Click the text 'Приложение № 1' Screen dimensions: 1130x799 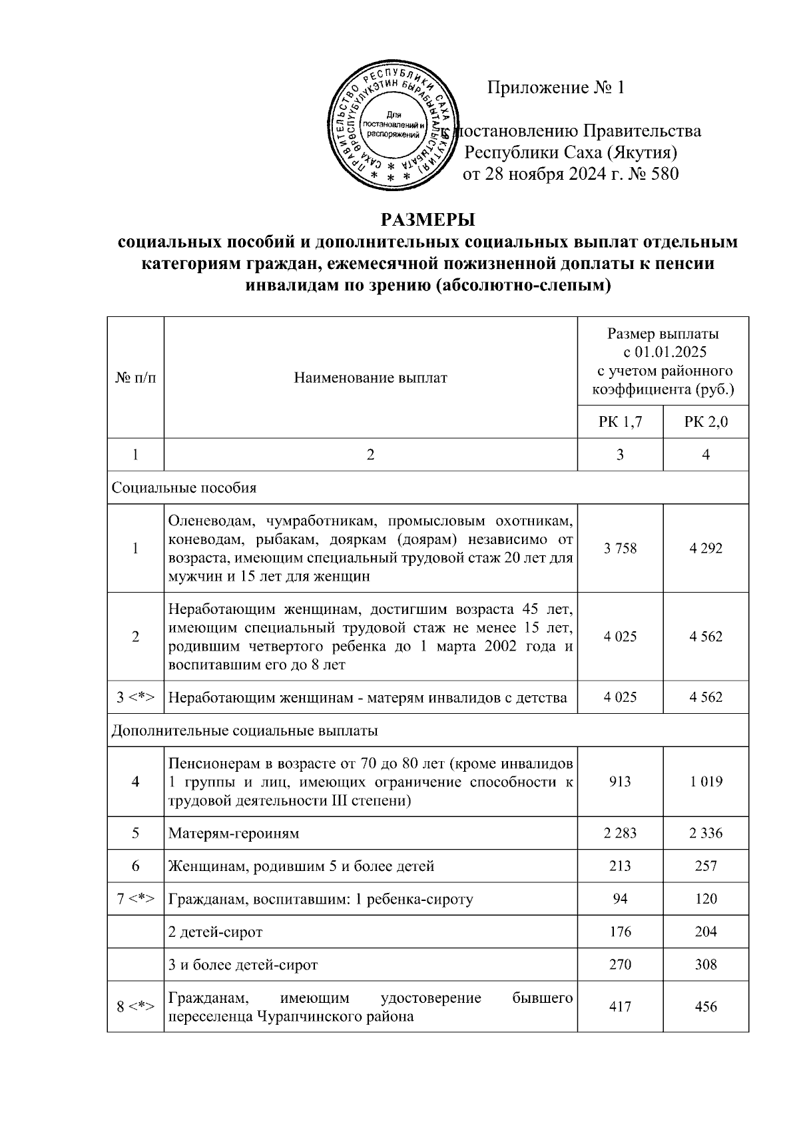click(x=556, y=88)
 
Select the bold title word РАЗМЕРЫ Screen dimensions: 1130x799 click(x=428, y=220)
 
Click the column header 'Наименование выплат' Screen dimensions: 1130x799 click(x=370, y=378)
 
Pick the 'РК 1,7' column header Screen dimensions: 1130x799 click(x=620, y=422)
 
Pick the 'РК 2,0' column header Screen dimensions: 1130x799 click(x=706, y=422)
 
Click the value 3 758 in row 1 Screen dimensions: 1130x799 click(x=620, y=548)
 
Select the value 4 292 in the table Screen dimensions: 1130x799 click(x=706, y=548)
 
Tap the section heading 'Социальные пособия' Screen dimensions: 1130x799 click(x=184, y=488)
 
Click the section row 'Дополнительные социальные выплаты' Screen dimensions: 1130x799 click(x=244, y=730)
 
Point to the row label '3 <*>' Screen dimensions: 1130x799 click(x=135, y=697)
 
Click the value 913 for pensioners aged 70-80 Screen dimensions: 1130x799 click(x=620, y=782)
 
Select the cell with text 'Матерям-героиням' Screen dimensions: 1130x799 click(x=234, y=833)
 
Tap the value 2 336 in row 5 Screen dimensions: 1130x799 click(x=706, y=833)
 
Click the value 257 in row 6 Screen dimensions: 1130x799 click(x=706, y=866)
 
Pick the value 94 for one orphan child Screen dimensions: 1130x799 click(x=620, y=899)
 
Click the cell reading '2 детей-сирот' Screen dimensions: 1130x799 click(x=215, y=932)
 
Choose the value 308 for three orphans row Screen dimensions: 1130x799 click(x=706, y=965)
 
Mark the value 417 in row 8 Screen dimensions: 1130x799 click(x=620, y=1007)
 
